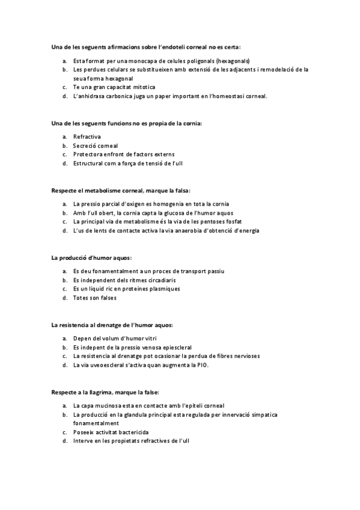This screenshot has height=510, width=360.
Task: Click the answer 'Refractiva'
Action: [87, 137]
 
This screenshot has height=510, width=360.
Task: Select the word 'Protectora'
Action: [89, 155]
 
